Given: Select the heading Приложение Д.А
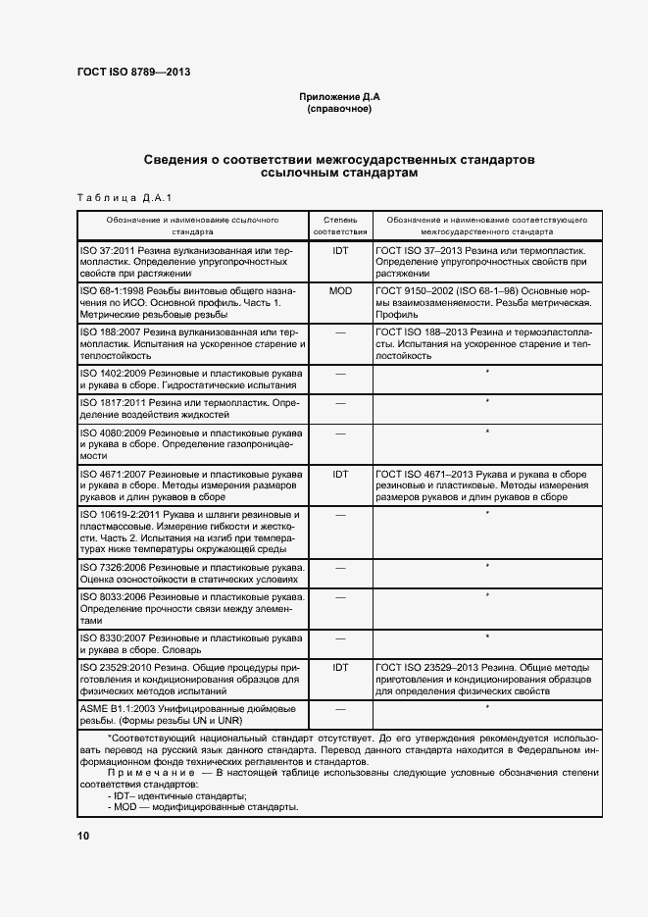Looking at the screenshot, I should click(339, 96).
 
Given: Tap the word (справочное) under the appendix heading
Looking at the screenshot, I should click(339, 109).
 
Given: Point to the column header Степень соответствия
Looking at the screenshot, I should click(340, 227).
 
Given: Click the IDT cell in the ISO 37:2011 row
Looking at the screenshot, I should click(340, 251).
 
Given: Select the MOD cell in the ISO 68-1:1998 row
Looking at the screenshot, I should click(340, 291).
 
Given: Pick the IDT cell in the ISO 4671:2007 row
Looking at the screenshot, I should click(340, 474).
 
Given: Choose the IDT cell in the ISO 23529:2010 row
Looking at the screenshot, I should click(340, 667).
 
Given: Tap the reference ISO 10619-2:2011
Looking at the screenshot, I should click(122, 514).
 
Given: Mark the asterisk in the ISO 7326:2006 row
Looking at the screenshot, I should click(487, 566).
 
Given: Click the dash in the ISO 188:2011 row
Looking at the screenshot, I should click(340, 332).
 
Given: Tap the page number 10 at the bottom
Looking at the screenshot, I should click(82, 836).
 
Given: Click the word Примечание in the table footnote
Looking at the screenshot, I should click(145, 773).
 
